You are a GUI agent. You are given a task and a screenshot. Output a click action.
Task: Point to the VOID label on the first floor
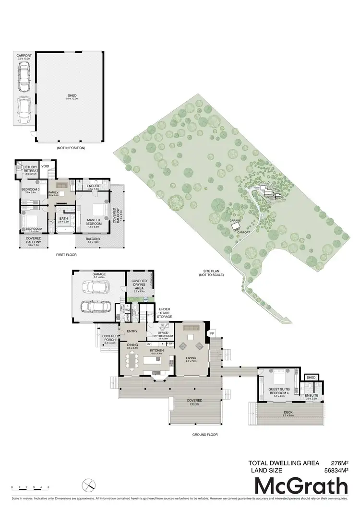[46, 166]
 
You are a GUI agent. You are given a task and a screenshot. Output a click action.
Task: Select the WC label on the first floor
[51, 221]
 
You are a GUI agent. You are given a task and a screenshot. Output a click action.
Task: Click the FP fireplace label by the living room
[212, 332]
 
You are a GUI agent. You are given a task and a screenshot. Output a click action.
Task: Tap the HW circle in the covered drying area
[145, 300]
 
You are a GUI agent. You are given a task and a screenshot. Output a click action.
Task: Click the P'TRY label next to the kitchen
[170, 343]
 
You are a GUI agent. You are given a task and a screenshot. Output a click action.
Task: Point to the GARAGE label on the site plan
[235, 221]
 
